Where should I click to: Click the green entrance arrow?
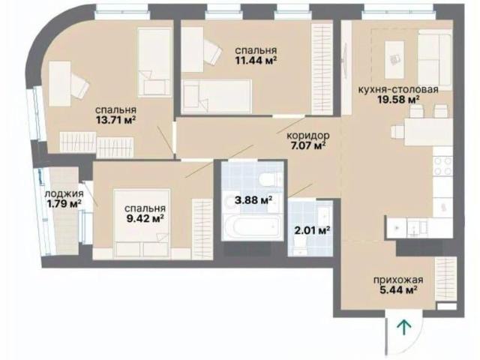click(405, 327)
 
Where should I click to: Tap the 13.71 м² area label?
click(116, 120)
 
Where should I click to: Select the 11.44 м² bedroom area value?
click(256, 60)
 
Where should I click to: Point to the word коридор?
click(308, 135)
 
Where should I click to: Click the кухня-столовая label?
click(398, 89)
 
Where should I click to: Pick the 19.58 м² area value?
click(398, 100)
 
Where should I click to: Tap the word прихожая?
click(398, 280)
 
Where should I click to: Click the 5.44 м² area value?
click(399, 289)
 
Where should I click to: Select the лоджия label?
click(64, 193)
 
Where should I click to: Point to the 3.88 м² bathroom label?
click(253, 200)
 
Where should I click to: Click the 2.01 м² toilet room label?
click(312, 230)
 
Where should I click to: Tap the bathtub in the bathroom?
click(252, 227)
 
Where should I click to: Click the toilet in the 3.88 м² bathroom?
click(270, 178)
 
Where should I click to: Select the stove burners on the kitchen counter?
click(443, 166)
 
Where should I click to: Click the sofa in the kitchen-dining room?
click(435, 59)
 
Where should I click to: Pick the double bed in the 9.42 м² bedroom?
click(142, 223)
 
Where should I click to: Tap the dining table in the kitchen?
click(428, 132)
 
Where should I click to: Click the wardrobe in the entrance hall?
click(445, 278)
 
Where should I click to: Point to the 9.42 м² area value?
click(145, 218)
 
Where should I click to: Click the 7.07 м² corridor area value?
click(307, 145)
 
